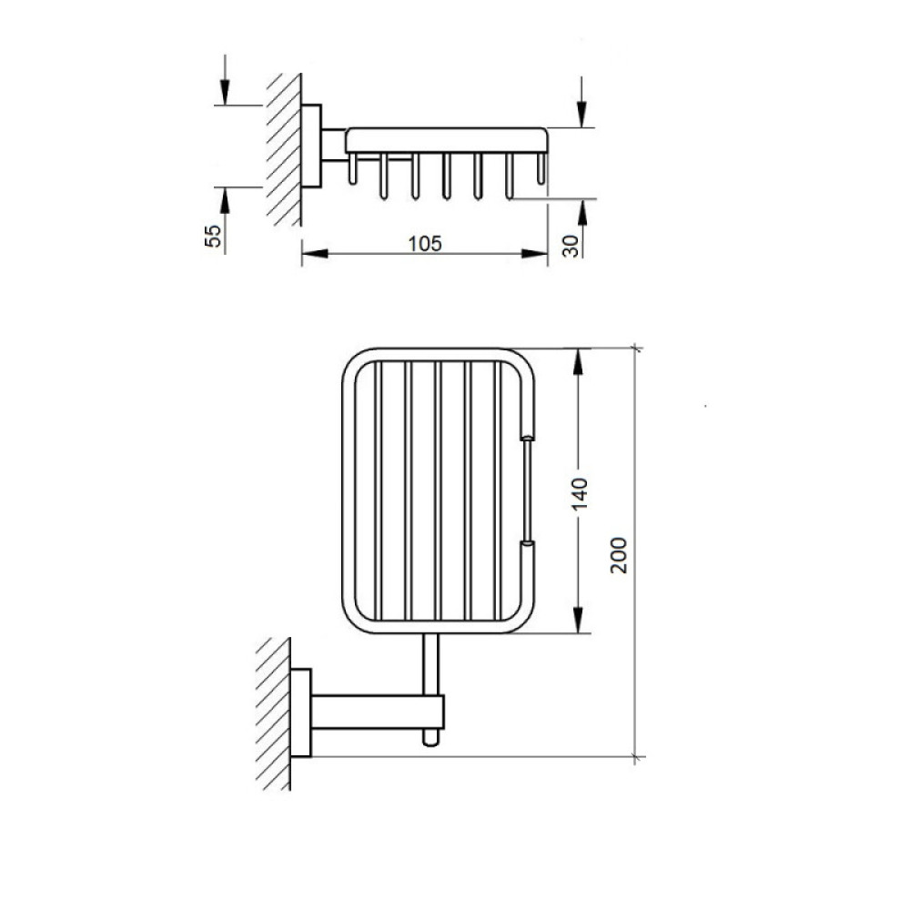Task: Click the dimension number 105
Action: [425, 244]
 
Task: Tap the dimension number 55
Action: [214, 237]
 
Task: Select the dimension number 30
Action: [571, 246]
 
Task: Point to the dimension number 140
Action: [580, 494]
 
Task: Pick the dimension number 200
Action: [619, 555]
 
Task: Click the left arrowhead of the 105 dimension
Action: [315, 254]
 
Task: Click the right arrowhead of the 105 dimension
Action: [534, 254]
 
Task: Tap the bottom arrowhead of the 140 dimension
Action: [578, 620]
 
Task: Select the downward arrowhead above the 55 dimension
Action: [225, 92]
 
